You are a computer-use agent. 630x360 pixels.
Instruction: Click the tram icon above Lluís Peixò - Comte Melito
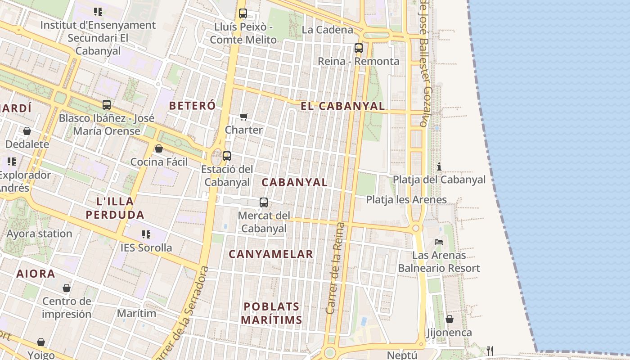point(243,13)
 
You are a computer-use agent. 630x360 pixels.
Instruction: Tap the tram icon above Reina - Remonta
point(359,48)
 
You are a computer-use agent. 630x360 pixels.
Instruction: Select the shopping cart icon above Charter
point(244,117)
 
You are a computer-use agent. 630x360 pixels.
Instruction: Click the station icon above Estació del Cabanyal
point(227,156)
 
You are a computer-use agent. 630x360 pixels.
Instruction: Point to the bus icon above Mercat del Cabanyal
point(264,202)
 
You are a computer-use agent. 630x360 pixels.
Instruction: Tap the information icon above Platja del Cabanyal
point(439,167)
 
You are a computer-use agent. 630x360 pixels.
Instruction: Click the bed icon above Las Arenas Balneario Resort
point(439,242)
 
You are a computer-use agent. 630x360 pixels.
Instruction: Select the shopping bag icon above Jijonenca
point(449,319)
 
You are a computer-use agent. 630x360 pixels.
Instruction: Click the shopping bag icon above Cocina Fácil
point(159,148)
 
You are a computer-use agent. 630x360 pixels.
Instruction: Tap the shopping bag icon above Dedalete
point(27,131)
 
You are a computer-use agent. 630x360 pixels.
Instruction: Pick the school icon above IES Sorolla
point(146,234)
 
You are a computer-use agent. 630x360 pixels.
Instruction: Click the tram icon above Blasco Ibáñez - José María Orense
point(107,105)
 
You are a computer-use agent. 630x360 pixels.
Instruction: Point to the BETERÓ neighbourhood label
point(192,106)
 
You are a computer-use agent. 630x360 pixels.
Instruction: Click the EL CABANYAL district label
point(343,106)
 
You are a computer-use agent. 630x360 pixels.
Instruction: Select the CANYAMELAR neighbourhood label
point(271,254)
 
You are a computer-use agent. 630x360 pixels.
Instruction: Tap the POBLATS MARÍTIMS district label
point(271,313)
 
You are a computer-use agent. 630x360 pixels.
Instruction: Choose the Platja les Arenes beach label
point(406,200)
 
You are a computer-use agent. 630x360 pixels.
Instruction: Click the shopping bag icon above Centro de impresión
point(67,288)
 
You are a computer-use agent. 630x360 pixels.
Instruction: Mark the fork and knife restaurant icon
point(490,351)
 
